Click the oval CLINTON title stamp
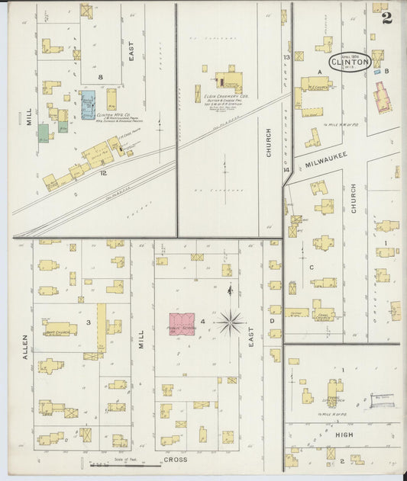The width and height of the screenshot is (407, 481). tap(350, 62)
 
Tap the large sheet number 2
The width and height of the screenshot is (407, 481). tap(387, 18)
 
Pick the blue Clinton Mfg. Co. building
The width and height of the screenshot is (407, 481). tap(88, 101)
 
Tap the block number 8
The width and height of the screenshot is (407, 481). tap(99, 77)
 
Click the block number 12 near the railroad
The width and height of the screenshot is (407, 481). tap(102, 173)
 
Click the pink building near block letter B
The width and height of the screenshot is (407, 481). tap(381, 98)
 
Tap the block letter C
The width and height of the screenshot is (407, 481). tap(312, 266)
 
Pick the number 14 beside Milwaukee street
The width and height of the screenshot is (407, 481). tap(286, 169)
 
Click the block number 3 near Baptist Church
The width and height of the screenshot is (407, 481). tap(89, 322)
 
